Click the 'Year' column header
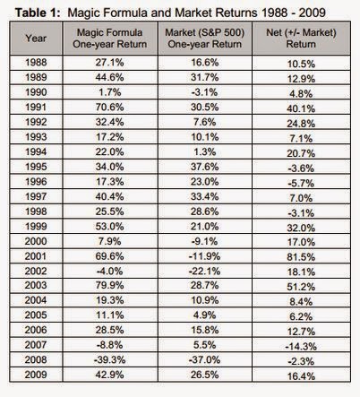click(x=36, y=39)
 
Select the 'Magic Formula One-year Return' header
click(x=110, y=39)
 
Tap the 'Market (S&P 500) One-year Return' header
click(x=205, y=39)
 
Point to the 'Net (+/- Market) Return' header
click(x=301, y=39)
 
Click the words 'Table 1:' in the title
click(x=38, y=13)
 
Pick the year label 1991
click(x=36, y=107)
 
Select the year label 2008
click(x=36, y=359)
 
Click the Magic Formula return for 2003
click(x=110, y=285)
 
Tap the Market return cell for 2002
click(x=205, y=272)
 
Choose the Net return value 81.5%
click(x=301, y=257)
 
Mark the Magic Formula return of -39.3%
click(x=110, y=359)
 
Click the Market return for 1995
click(x=205, y=167)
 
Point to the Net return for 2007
click(x=301, y=347)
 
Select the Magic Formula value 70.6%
click(x=110, y=107)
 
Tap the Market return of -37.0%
click(x=205, y=359)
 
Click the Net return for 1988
click(x=301, y=64)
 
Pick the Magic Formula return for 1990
click(x=110, y=92)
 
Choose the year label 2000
click(x=36, y=241)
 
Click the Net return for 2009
click(x=301, y=376)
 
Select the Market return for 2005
click(x=205, y=315)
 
